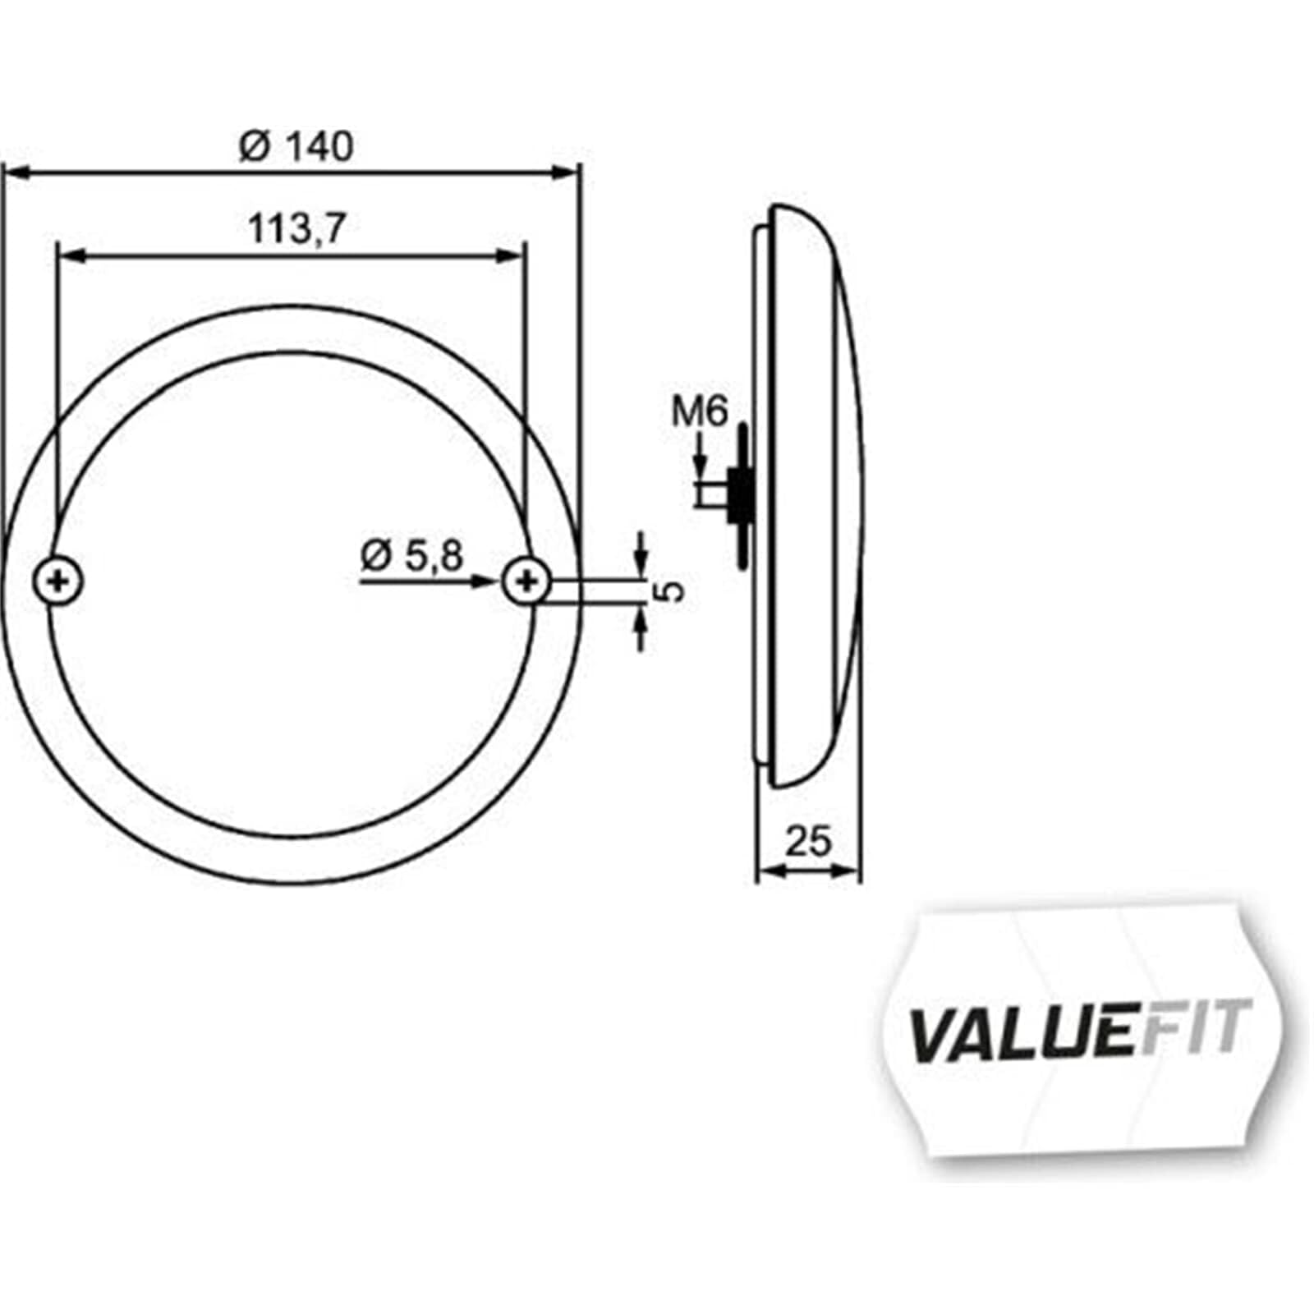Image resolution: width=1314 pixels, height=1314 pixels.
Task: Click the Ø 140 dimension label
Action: (296, 147)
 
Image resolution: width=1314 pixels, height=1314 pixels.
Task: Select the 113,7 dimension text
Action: (296, 229)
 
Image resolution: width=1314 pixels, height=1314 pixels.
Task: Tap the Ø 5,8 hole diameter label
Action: (412, 557)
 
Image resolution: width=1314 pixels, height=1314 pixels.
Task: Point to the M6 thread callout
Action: (700, 411)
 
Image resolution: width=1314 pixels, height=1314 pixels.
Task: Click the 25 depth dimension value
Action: (808, 842)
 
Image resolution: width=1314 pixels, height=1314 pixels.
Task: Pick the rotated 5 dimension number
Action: (671, 590)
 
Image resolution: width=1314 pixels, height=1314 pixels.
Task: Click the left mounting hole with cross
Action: (57, 582)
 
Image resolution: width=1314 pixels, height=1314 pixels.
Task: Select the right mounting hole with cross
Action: (526, 581)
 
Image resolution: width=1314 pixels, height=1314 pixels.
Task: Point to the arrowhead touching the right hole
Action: (488, 581)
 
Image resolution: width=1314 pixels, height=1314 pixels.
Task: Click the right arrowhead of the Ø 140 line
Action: (567, 172)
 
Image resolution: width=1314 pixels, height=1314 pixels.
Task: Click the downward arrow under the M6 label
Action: (700, 466)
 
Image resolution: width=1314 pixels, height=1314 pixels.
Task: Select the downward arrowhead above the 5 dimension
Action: (641, 563)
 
